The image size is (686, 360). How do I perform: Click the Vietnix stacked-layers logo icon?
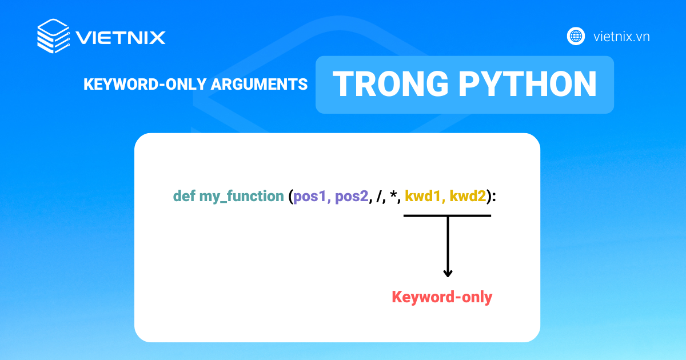pyautogui.click(x=54, y=36)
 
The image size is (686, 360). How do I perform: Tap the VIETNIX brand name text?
pyautogui.click(x=121, y=38)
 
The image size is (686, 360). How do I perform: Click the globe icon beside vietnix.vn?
pyautogui.click(x=576, y=36)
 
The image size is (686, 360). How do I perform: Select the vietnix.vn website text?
pyautogui.click(x=621, y=37)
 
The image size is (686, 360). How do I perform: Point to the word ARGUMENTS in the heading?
pyautogui.click(x=259, y=84)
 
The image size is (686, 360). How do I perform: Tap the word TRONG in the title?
pyautogui.click(x=391, y=84)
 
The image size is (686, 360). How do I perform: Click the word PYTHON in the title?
pyautogui.click(x=528, y=84)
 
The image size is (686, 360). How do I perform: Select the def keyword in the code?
pyautogui.click(x=184, y=195)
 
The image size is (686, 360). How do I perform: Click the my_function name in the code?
pyautogui.click(x=242, y=197)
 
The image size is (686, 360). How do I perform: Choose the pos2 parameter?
pyautogui.click(x=352, y=197)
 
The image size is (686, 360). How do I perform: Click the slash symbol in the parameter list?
pyautogui.click(x=380, y=197)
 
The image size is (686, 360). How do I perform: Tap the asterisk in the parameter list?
pyautogui.click(x=393, y=194)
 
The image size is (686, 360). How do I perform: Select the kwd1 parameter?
pyautogui.click(x=422, y=196)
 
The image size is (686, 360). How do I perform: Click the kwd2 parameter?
pyautogui.click(x=468, y=196)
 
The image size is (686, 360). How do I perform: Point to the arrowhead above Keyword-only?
pyautogui.click(x=448, y=273)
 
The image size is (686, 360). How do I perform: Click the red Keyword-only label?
pyautogui.click(x=442, y=297)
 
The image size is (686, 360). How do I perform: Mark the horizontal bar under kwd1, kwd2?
pyautogui.click(x=447, y=216)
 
